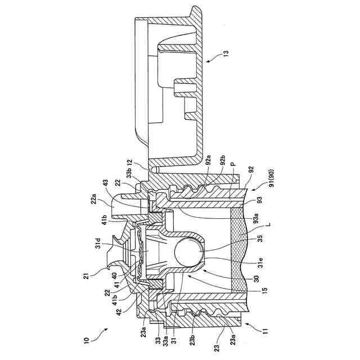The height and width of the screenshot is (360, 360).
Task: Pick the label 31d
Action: click(98, 243)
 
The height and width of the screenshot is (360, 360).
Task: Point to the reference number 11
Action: click(265, 331)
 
